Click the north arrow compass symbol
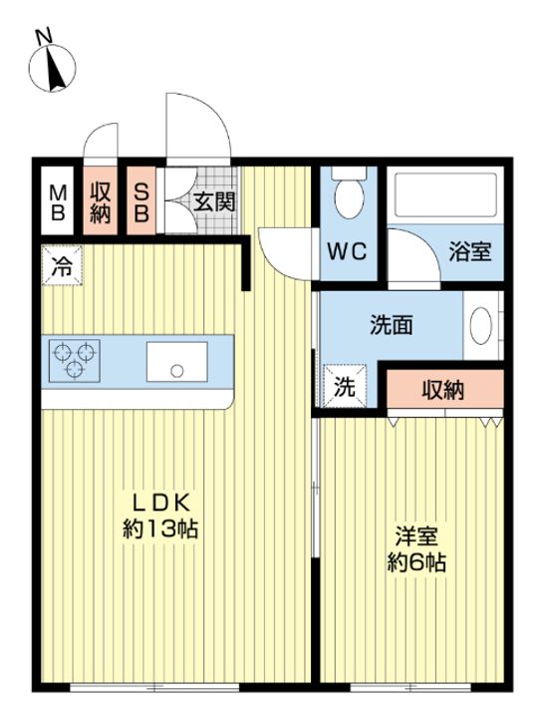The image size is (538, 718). pos(52,64)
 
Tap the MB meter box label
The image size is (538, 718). pos(58,202)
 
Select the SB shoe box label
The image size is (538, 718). pos(141,202)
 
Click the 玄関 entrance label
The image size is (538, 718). pos(214,201)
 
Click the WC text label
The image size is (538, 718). pos(347,251)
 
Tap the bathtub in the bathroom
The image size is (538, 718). pos(445,194)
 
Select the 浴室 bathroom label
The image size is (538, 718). pos(470,251)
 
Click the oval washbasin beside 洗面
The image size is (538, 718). pos(481,325)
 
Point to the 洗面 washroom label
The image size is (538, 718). pos(392,325)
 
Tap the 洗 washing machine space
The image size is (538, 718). pos(345,386)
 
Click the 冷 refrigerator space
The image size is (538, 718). pos(62,265)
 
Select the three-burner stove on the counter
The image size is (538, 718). pos(74,360)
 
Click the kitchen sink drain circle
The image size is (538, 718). pos(177,371)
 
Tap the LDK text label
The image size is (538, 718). pos(160,504)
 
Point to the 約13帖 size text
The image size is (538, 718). pos(160,529)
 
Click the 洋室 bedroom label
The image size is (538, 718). pos(416,537)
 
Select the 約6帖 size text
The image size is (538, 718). pos(416,562)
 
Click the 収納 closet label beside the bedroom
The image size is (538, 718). pos(442,390)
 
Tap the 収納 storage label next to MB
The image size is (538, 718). pos(101,202)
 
